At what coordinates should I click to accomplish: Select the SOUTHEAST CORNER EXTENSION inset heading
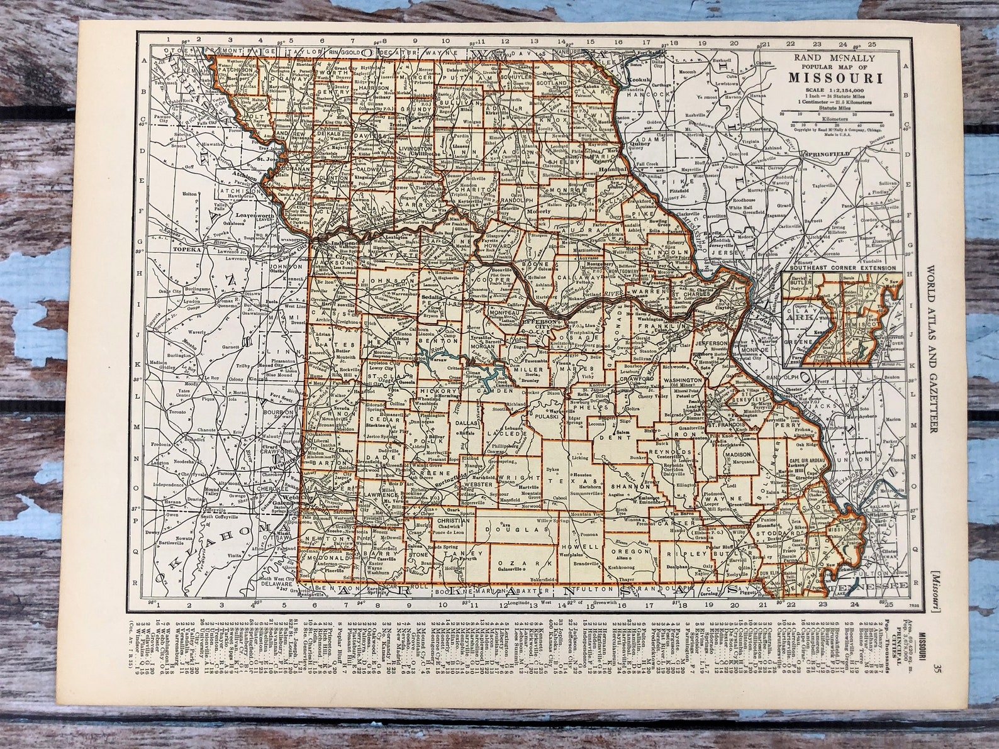coord(842,268)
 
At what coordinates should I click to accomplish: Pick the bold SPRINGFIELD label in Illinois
coord(825,153)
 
